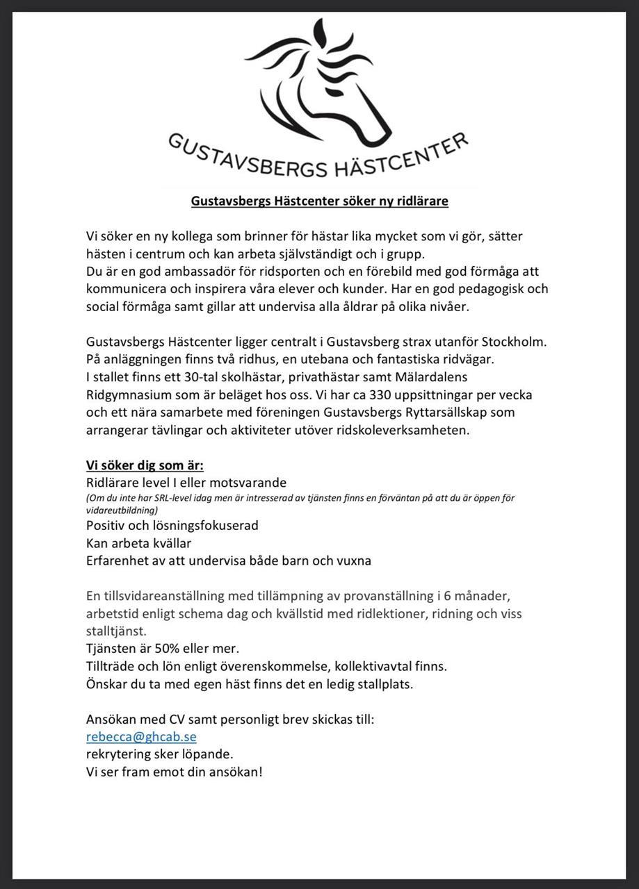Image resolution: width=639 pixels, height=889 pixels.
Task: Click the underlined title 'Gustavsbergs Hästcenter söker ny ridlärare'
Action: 320,201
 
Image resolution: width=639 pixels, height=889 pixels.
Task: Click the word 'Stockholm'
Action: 515,342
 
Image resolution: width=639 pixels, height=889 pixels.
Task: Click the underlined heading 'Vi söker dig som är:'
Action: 145,465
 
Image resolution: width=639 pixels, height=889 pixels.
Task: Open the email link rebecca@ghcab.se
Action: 141,737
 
